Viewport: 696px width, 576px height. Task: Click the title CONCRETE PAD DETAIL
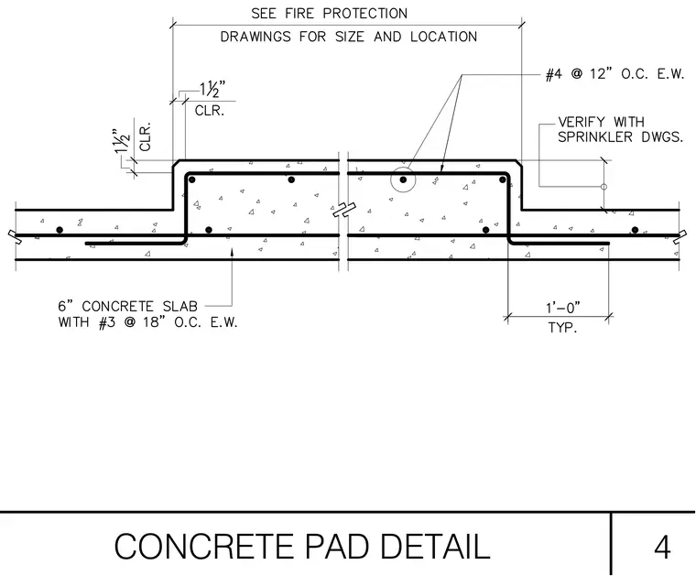(x=302, y=547)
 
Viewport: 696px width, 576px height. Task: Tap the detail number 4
(x=662, y=548)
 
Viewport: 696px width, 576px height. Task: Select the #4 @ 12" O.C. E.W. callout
(x=615, y=73)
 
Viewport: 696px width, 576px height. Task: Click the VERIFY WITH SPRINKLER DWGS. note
(x=620, y=129)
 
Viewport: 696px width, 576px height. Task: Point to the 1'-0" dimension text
(x=563, y=307)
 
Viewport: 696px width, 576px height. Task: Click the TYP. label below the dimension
(x=562, y=328)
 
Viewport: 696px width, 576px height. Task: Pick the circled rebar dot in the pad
(x=403, y=179)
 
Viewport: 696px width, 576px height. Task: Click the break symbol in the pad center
(x=344, y=210)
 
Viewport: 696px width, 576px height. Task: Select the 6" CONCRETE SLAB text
(x=128, y=306)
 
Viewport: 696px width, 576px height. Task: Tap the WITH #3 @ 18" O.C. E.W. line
(x=147, y=321)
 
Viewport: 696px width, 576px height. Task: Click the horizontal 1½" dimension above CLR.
(x=212, y=89)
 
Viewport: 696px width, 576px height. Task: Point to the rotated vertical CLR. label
(x=146, y=136)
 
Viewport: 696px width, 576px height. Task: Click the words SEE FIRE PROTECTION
(x=330, y=14)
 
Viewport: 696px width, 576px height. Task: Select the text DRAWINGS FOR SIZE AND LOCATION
(x=349, y=37)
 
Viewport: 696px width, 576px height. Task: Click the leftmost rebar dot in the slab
(x=60, y=230)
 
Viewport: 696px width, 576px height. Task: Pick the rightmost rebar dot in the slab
(x=635, y=230)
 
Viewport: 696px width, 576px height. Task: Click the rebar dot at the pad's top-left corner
(x=191, y=179)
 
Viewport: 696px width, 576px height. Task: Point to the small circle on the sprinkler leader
(x=604, y=187)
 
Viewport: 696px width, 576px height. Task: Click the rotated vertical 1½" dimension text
(x=123, y=141)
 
